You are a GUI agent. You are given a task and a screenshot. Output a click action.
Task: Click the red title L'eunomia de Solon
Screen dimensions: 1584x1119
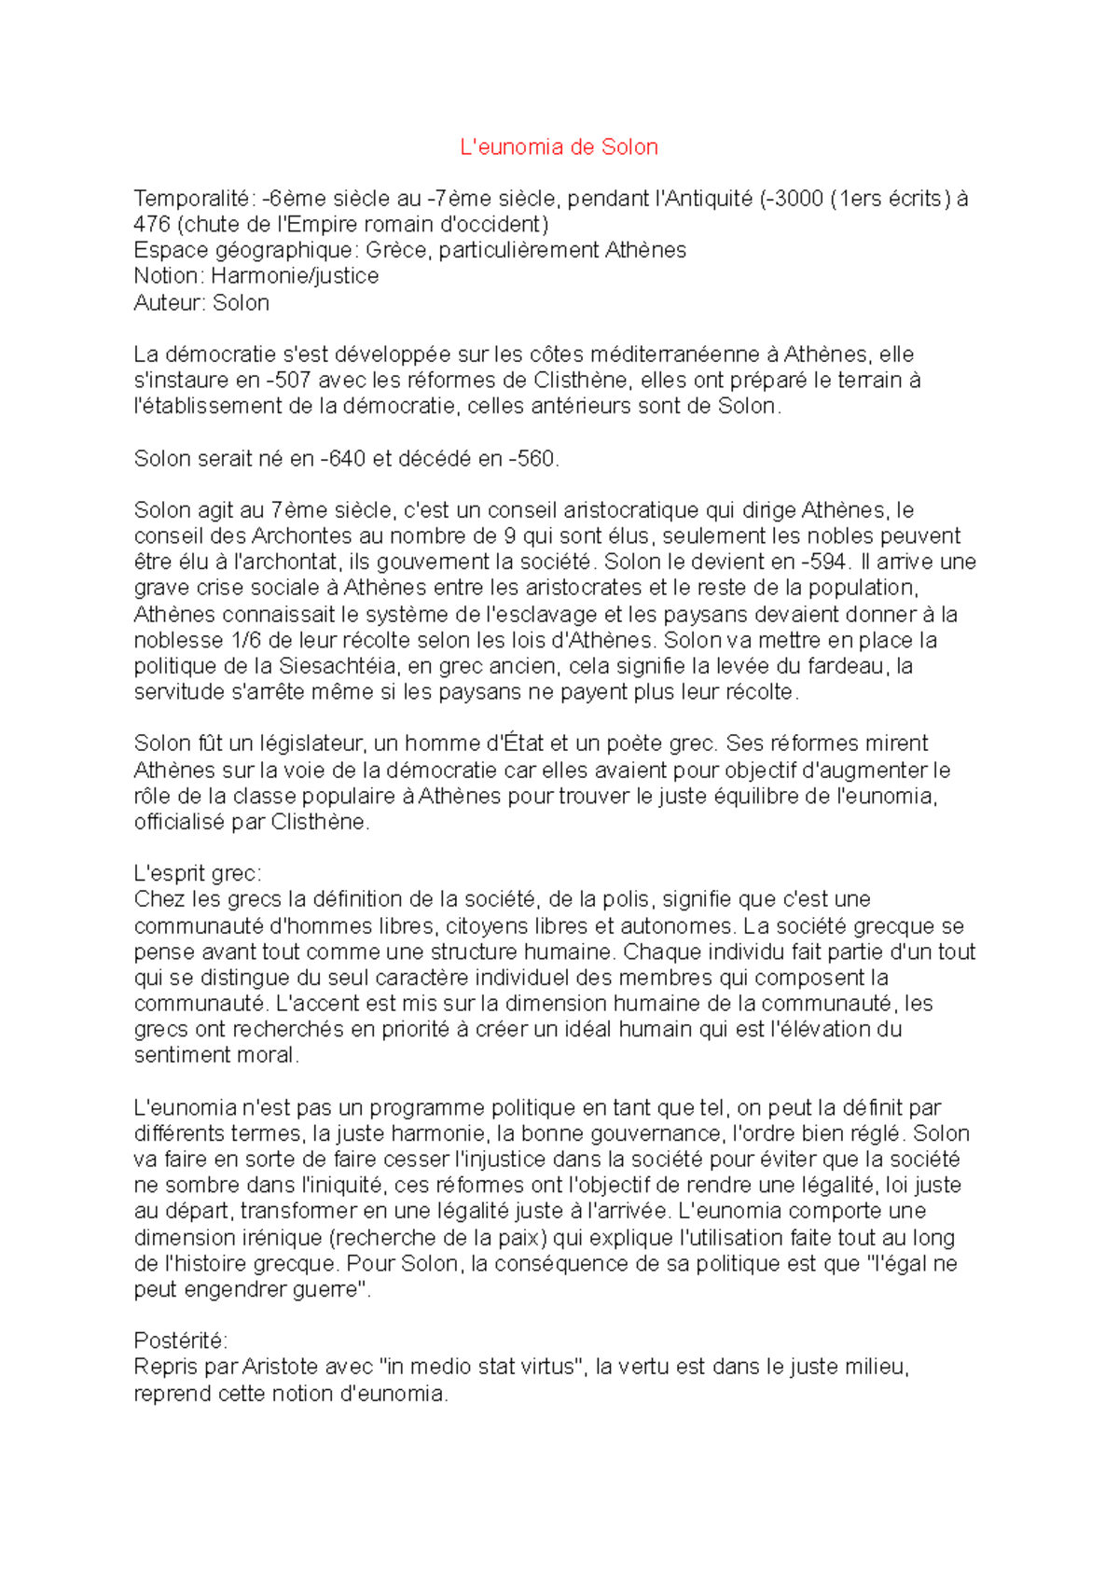(x=559, y=147)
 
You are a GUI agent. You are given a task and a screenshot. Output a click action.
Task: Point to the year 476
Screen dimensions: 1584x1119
(x=152, y=225)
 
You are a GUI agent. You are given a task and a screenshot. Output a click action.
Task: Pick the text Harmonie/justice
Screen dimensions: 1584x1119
(x=295, y=276)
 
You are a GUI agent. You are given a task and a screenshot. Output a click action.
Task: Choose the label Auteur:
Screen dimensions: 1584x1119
(x=170, y=303)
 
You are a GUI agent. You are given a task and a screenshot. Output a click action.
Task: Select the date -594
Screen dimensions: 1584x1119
(x=824, y=563)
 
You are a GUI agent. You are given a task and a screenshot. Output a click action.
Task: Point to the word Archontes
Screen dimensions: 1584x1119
(x=301, y=536)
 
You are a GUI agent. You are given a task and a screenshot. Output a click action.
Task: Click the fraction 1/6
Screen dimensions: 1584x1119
(x=245, y=641)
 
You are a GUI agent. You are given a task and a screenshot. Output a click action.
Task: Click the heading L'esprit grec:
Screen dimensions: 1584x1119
(x=198, y=874)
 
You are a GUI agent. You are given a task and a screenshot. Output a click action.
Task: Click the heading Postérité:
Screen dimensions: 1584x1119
(x=180, y=1341)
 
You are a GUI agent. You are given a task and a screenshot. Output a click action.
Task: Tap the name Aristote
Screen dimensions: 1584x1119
(x=281, y=1368)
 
